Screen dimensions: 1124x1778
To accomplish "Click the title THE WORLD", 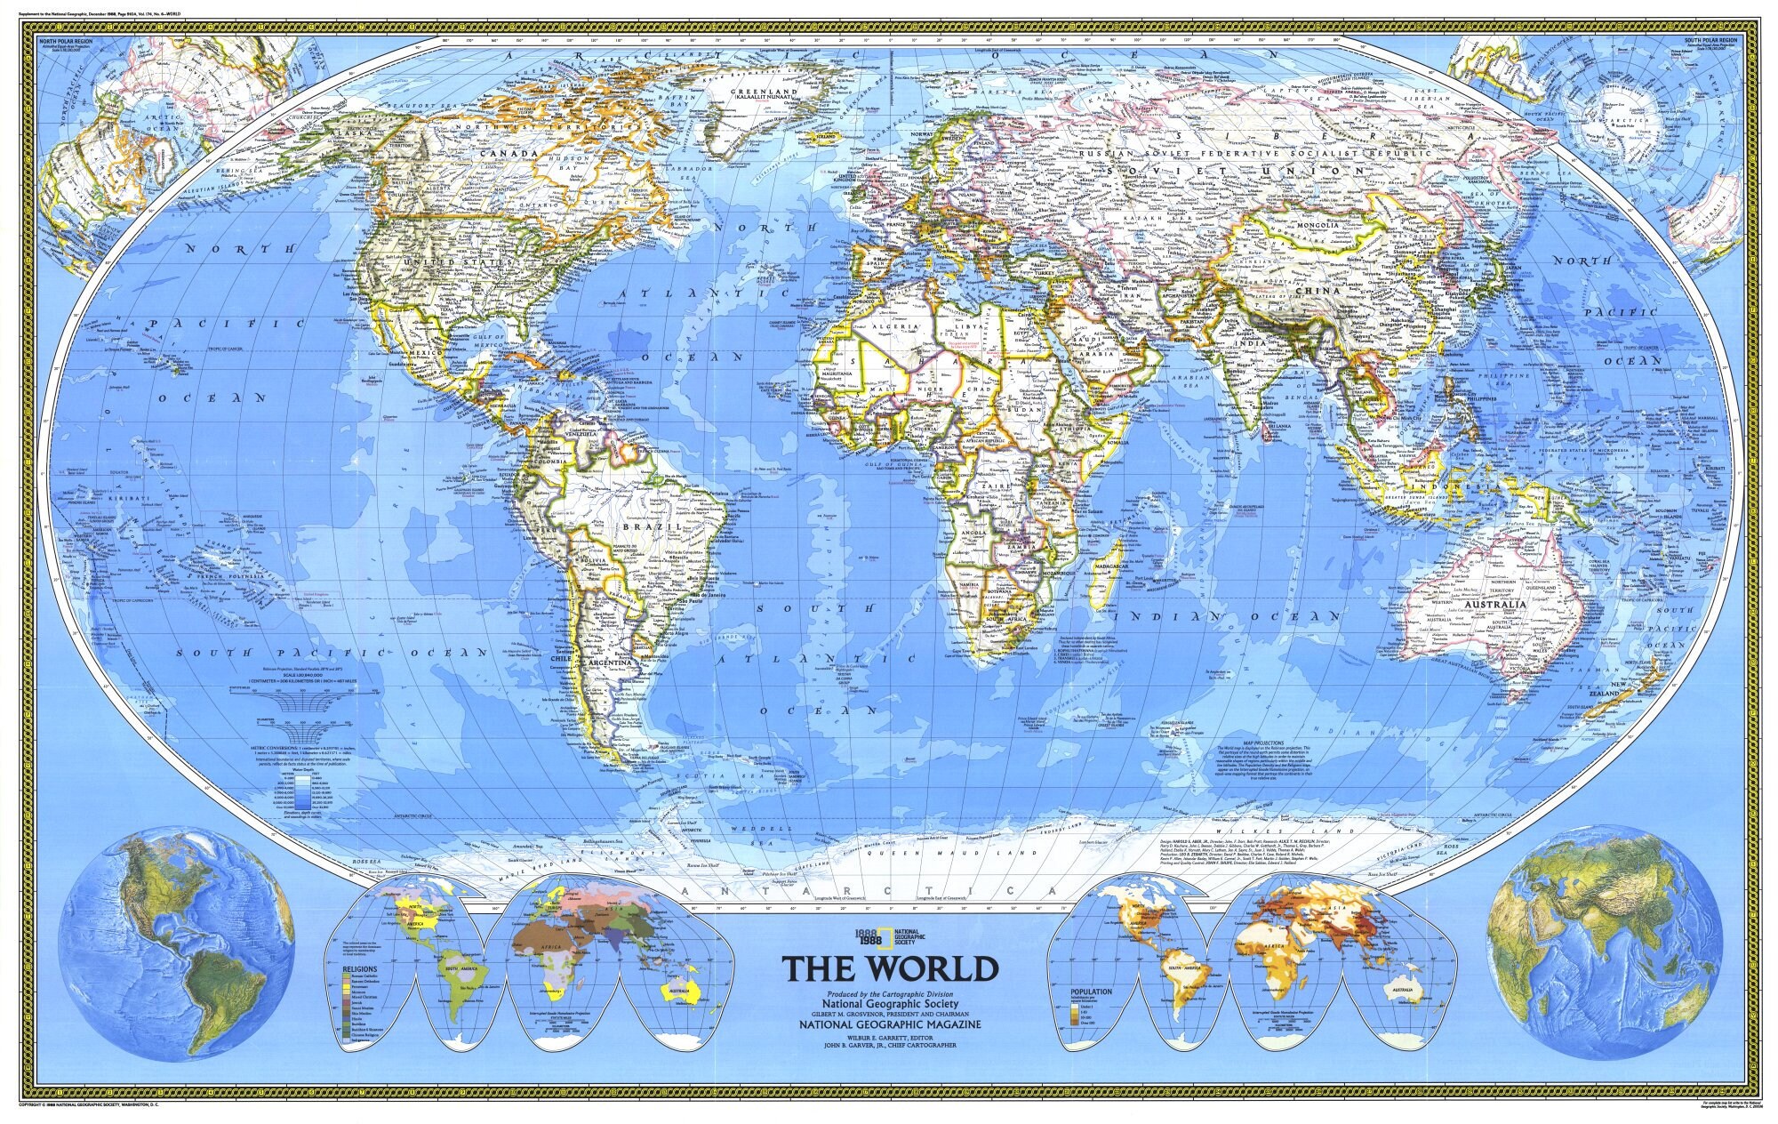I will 890,967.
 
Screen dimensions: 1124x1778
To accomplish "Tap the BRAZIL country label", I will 658,527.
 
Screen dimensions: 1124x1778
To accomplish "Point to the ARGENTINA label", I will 608,664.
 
